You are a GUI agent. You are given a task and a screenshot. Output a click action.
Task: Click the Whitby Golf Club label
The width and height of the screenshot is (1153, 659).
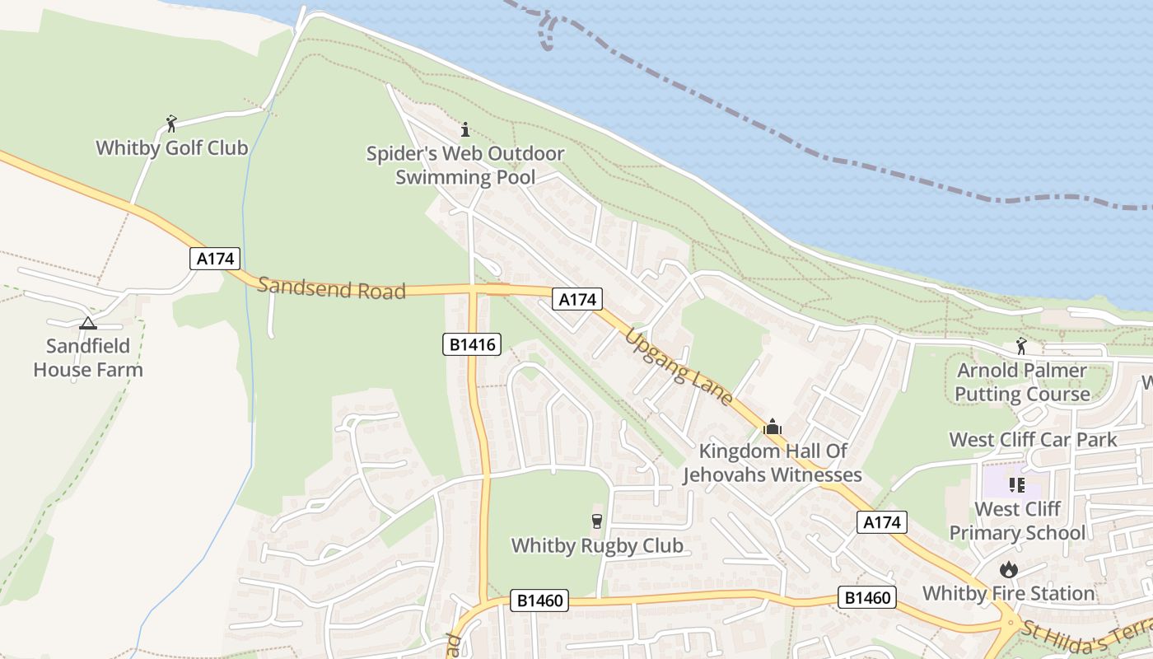coord(171,148)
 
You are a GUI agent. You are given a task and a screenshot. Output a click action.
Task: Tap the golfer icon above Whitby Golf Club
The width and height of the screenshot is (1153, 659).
coord(171,124)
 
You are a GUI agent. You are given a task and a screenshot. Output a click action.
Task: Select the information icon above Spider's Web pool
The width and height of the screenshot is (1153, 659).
coord(465,129)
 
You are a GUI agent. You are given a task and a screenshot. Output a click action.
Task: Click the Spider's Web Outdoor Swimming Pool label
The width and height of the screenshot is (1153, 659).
coord(465,166)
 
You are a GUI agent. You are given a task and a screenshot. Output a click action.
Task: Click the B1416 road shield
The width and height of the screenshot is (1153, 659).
coord(472,344)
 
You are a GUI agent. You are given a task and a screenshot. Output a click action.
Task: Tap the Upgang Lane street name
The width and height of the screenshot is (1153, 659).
coord(679,367)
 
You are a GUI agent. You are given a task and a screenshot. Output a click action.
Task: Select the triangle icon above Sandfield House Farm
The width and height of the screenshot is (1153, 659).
coord(88,323)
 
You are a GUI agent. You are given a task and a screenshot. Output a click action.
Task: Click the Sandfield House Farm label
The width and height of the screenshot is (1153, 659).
coord(88,358)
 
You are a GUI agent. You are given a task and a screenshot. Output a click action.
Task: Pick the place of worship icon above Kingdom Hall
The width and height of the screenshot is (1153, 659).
coord(773,427)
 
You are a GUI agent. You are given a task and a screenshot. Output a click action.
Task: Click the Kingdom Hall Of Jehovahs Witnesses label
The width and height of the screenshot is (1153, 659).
coord(773,463)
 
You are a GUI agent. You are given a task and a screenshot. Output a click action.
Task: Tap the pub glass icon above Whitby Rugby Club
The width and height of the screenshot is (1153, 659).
coord(597,521)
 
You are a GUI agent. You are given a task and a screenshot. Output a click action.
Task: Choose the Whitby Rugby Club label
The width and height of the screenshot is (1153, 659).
coord(597,545)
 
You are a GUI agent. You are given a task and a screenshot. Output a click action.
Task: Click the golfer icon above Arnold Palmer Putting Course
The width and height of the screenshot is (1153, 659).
coord(1021,346)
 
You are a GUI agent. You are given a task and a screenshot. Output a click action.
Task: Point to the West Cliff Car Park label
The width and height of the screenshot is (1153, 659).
coord(1033,439)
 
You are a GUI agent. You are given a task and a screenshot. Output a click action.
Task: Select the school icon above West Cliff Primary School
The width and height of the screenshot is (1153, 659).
coord(1016,484)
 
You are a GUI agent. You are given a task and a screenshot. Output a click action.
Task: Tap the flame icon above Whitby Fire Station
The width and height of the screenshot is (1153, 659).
coord(1008,569)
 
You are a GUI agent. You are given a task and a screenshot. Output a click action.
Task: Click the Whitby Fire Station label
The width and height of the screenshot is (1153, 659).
coord(1008,593)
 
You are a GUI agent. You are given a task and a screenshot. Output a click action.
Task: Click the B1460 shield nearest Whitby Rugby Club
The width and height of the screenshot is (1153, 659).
coord(539,601)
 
